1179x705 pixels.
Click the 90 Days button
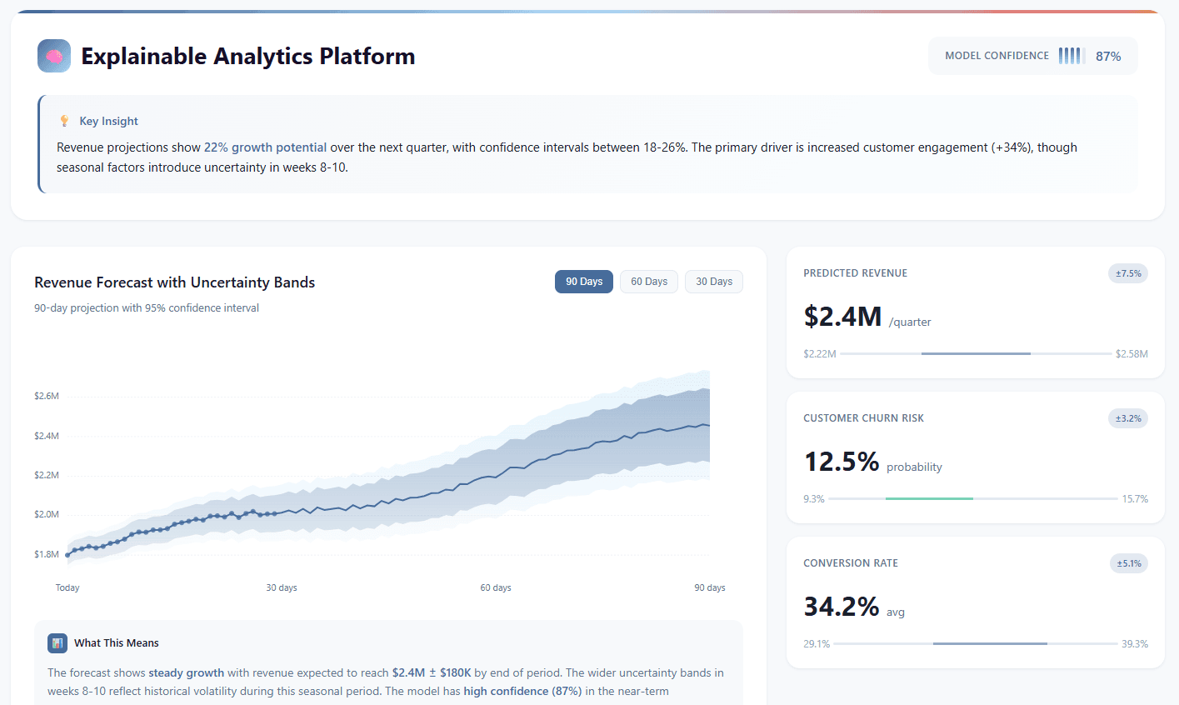point(584,282)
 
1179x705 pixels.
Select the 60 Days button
point(649,282)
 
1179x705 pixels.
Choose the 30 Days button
point(714,282)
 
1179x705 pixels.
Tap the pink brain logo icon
point(54,56)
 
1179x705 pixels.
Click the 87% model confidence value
point(1108,57)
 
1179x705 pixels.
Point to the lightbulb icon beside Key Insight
point(64,121)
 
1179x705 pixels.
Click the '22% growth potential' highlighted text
point(265,147)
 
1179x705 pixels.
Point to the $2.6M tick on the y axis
point(47,396)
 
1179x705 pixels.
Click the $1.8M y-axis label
point(47,554)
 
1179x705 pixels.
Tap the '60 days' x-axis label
point(496,587)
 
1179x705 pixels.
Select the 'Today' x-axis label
point(67,587)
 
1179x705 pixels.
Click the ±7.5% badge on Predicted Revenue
point(1128,273)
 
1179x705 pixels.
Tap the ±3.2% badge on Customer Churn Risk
point(1128,418)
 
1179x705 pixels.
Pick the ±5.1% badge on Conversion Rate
point(1128,563)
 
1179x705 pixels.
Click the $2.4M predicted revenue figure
point(842,317)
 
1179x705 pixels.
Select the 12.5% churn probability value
point(842,462)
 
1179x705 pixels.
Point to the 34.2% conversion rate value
point(842,607)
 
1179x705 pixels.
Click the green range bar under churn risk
point(929,498)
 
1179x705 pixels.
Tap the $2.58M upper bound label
point(1132,354)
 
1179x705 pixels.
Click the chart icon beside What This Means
point(57,642)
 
